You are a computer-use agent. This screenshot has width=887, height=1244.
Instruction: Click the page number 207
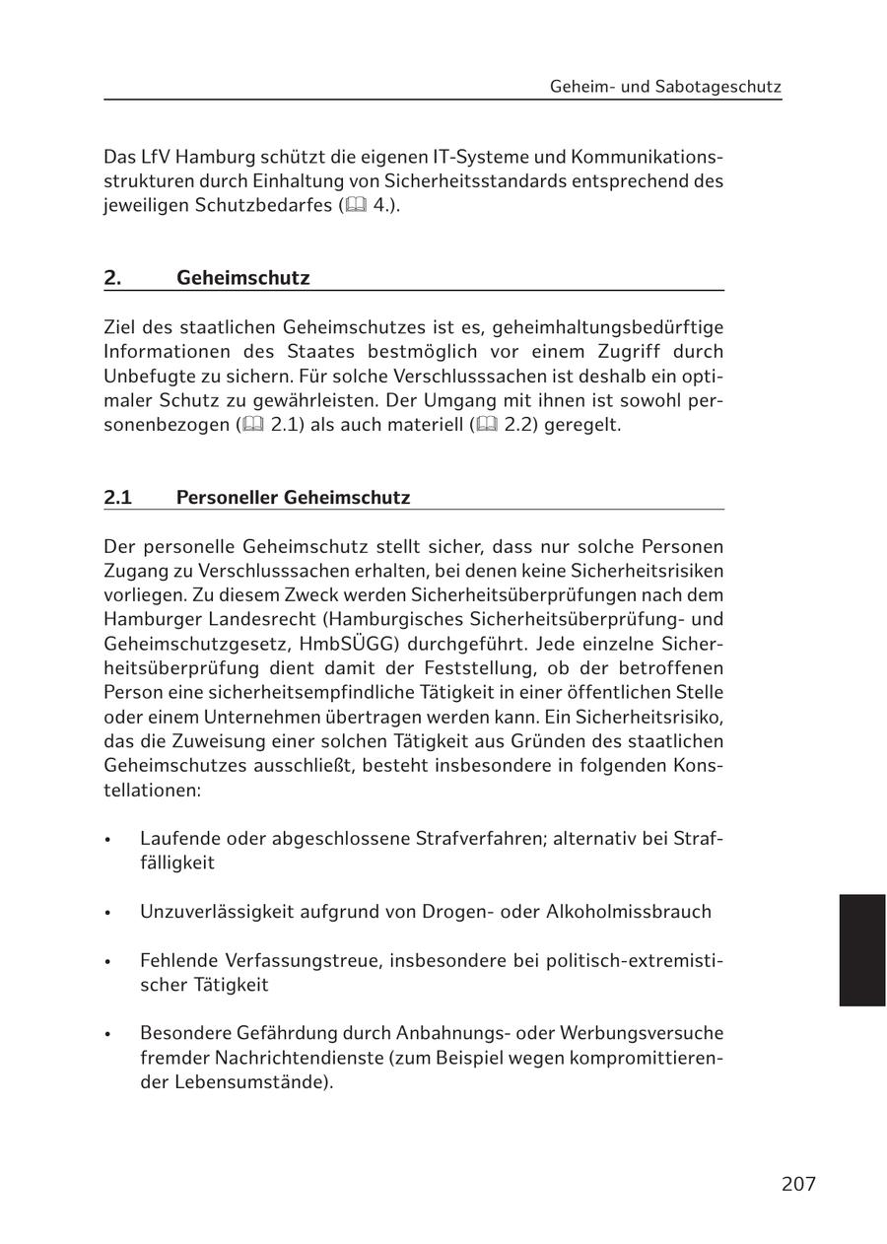pos(798,1184)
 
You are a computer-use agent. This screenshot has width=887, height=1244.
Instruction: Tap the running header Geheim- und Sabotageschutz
pos(665,87)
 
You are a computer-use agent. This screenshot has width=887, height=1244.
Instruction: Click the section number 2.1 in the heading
pos(118,497)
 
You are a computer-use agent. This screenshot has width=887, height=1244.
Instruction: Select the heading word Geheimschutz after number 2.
pos(242,278)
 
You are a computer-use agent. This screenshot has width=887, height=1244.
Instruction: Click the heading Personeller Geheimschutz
pos(293,497)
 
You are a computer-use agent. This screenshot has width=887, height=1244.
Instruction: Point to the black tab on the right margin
pos(862,949)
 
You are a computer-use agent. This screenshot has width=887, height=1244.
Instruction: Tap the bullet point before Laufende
pos(108,840)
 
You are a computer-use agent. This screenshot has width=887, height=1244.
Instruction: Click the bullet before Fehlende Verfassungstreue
pos(108,961)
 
